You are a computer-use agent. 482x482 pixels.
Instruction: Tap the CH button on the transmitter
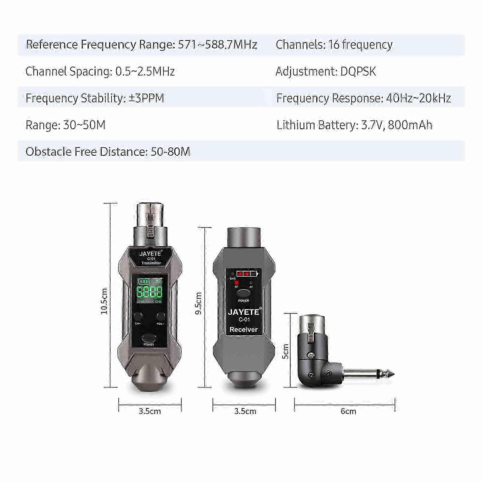tap(138, 316)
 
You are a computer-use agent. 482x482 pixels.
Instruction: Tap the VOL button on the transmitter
tap(161, 316)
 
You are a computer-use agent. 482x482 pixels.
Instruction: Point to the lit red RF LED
tap(237, 283)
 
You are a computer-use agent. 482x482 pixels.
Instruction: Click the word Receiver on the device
tap(244, 330)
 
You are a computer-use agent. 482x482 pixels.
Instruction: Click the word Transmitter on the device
tap(151, 263)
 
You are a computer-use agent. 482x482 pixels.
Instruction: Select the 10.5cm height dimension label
tap(104, 301)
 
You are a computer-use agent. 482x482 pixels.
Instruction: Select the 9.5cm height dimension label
tap(198, 303)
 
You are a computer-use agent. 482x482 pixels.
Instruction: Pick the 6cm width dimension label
tap(348, 412)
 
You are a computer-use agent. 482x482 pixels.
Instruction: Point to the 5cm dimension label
tap(285, 351)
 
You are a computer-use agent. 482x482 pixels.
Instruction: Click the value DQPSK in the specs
tap(358, 72)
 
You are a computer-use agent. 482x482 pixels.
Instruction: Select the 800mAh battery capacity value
tap(410, 125)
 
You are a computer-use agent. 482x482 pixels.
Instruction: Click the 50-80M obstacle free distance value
tap(170, 152)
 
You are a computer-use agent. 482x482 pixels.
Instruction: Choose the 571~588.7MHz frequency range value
tap(218, 45)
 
